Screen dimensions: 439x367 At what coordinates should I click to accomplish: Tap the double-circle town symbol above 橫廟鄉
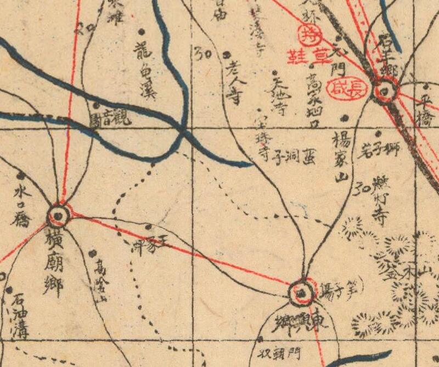(59, 215)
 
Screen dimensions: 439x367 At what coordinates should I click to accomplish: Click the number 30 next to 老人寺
(203, 53)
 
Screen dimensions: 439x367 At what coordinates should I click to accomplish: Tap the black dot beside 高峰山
(92, 253)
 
